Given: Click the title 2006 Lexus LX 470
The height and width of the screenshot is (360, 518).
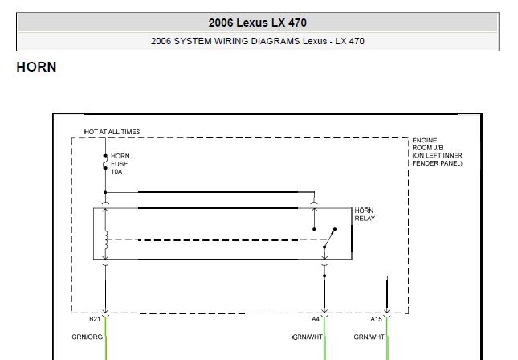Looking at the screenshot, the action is click(257, 22).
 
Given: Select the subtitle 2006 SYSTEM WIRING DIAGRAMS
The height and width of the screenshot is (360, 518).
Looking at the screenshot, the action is click(225, 41).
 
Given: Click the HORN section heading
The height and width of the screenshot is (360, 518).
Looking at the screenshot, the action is click(36, 67).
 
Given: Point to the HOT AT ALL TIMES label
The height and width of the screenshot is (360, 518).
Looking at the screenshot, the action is click(112, 132).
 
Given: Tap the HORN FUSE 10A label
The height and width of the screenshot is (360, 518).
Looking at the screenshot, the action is click(120, 164).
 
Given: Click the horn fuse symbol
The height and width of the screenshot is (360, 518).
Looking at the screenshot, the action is click(105, 162).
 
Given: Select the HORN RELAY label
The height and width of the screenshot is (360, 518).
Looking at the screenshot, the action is click(365, 215).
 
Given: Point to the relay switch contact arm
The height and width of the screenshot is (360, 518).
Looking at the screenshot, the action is click(330, 238).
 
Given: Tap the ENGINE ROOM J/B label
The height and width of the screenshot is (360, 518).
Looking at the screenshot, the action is click(428, 145).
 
